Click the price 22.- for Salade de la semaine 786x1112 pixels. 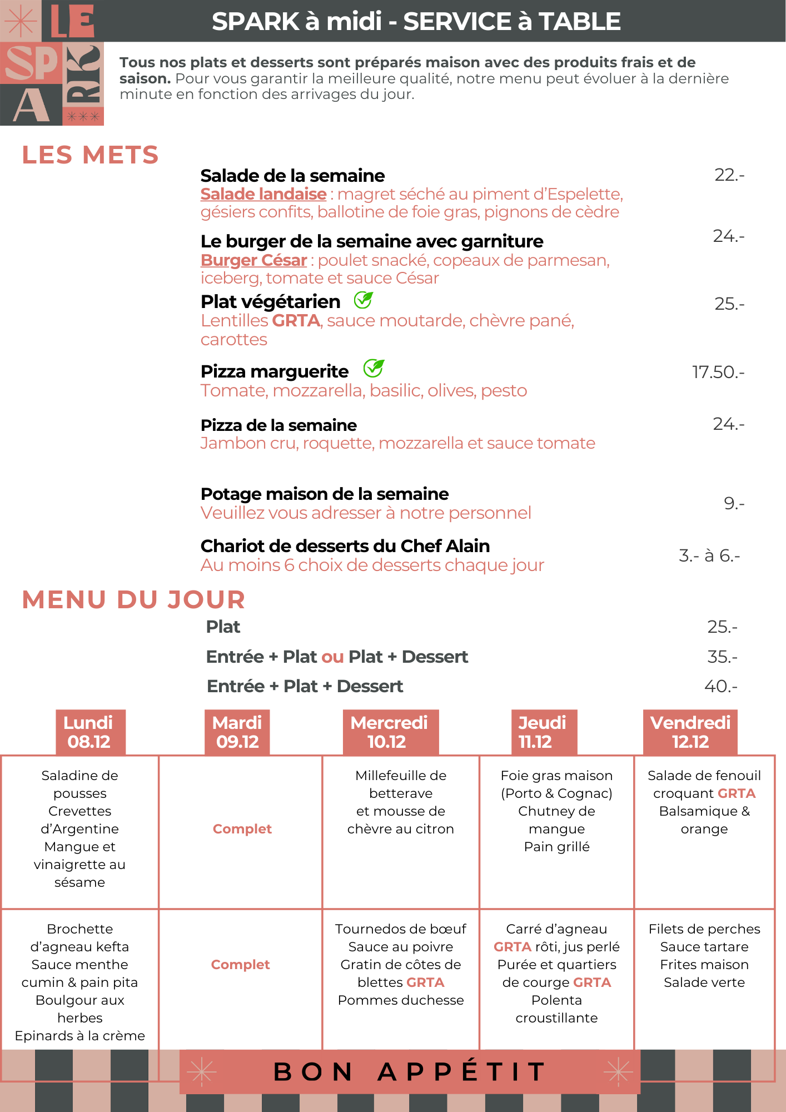(x=729, y=175)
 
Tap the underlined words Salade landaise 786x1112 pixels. (x=263, y=194)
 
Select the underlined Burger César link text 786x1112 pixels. (x=253, y=260)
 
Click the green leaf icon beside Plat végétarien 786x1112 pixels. (x=364, y=300)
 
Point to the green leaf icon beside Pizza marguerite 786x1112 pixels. (x=374, y=368)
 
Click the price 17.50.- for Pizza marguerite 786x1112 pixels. (x=718, y=372)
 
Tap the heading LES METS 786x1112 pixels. (x=90, y=155)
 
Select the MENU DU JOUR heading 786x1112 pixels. (x=133, y=600)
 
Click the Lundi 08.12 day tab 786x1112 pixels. (x=90, y=732)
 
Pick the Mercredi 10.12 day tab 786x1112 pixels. (x=390, y=732)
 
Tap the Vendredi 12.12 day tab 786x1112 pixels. (x=690, y=732)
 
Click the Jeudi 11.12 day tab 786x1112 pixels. (x=543, y=732)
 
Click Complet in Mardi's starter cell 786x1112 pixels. (x=242, y=829)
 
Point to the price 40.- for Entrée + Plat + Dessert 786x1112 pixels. (x=720, y=686)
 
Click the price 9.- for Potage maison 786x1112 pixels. (x=733, y=504)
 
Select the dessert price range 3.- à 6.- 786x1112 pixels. (x=709, y=555)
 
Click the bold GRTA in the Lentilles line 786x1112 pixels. (x=296, y=321)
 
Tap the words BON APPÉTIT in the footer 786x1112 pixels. (x=410, y=1071)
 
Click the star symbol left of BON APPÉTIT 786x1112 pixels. (x=201, y=1071)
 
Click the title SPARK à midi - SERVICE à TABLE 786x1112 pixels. (x=416, y=22)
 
